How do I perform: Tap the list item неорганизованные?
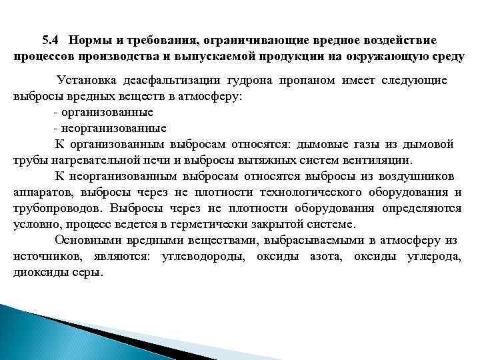[113, 128]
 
